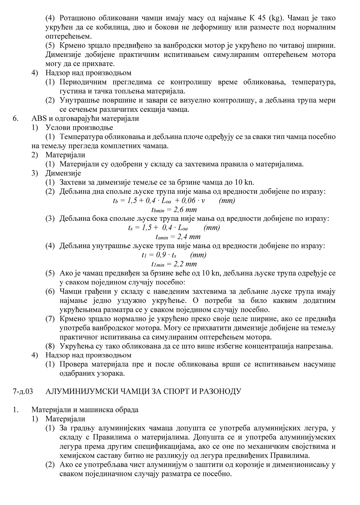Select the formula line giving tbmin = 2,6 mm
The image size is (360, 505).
pos(174,210)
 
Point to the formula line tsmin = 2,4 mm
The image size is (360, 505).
pos(178,237)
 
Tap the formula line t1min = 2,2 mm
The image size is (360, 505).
pos(174,264)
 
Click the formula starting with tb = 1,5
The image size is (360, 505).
pos(174,201)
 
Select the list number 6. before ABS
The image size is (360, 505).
pos(15,118)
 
